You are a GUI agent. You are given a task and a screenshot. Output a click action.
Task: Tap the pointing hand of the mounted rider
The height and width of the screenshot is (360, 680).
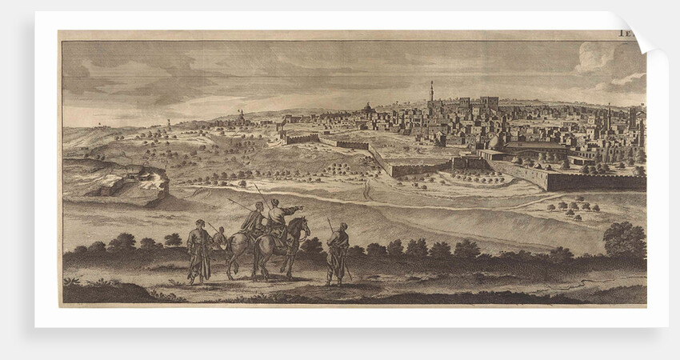point(300,209)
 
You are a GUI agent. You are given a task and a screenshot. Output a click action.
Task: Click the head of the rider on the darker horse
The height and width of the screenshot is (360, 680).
point(258,207)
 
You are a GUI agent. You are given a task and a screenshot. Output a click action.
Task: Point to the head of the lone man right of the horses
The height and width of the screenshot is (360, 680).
point(342,226)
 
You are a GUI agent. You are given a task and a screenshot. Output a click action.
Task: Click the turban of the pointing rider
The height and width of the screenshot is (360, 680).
point(274,202)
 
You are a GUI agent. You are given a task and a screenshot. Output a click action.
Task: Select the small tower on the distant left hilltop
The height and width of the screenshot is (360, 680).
point(168,123)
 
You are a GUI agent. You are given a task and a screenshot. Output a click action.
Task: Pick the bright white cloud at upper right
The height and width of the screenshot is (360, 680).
point(596,56)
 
